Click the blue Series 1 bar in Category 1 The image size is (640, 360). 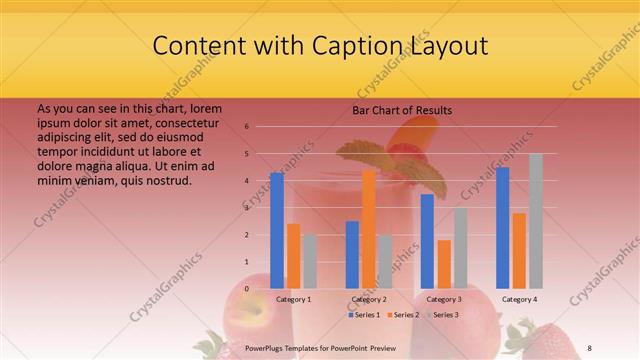click(277, 230)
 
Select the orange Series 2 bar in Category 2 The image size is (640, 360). click(369, 229)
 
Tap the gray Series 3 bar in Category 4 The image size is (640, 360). click(536, 221)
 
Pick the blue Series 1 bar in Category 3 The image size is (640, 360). click(427, 241)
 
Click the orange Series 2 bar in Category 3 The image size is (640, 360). click(444, 264)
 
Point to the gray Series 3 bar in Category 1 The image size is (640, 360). click(310, 261)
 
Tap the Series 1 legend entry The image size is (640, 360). click(364, 315)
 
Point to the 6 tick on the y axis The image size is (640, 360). click(246, 127)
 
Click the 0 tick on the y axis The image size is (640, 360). click(246, 289)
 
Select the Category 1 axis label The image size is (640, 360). click(293, 299)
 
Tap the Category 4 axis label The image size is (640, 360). click(519, 299)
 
